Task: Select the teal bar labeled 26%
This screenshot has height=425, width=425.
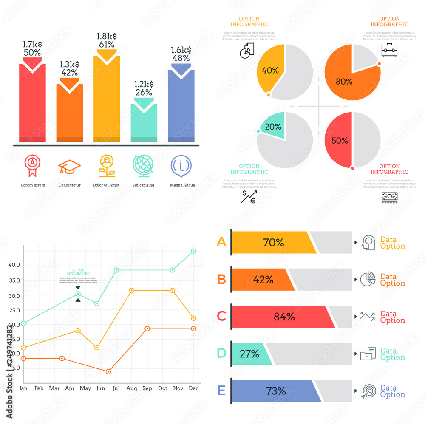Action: [x=144, y=123]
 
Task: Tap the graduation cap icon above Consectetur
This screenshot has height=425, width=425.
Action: [x=69, y=167]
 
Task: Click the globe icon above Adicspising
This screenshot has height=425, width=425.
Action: [x=144, y=166]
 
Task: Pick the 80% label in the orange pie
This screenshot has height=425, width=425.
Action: [x=344, y=82]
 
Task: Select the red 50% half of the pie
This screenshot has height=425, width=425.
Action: [x=339, y=140]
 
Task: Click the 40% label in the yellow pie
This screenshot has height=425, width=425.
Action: [x=270, y=71]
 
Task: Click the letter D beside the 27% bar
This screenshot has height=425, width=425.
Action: [x=221, y=353]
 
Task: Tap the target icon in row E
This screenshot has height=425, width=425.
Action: [x=368, y=391]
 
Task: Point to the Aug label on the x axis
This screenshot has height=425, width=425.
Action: [x=131, y=388]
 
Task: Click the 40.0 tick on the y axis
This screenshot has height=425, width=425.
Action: [x=14, y=265]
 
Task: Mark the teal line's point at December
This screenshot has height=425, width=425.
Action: [x=193, y=251]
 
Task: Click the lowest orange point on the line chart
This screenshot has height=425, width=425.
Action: [x=108, y=371]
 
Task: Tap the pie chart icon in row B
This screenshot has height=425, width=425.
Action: [x=368, y=279]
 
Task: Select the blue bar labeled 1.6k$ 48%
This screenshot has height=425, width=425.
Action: [x=181, y=106]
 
